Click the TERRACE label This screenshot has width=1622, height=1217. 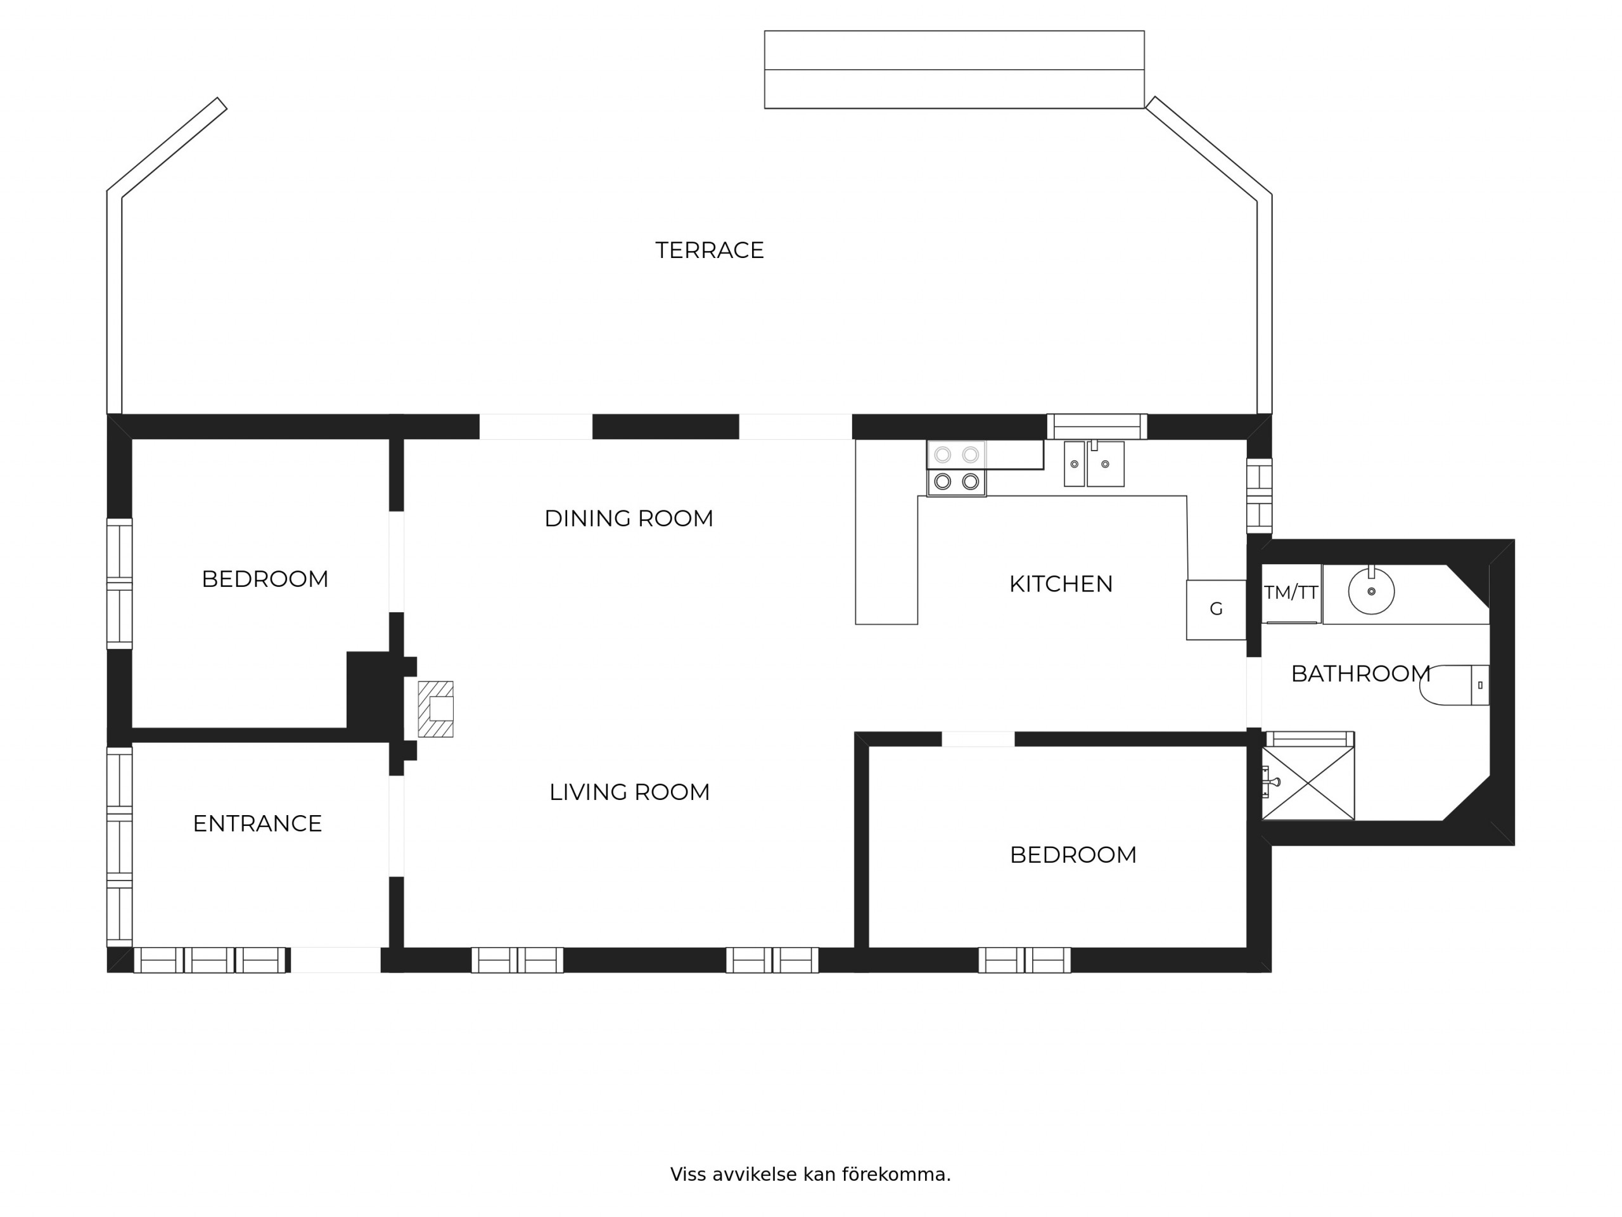coord(709,250)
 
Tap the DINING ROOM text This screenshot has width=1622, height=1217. coord(629,518)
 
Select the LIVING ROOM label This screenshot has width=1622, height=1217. coord(629,792)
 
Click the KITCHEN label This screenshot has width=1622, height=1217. coord(1060,584)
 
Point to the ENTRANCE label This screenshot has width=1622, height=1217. coord(257,824)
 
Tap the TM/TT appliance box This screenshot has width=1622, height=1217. coord(1291,593)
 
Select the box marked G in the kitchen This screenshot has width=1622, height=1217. coord(1216,610)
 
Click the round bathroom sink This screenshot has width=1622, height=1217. coord(1371,591)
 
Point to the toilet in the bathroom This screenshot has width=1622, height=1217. coord(1454,685)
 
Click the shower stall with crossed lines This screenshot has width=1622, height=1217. coord(1308,783)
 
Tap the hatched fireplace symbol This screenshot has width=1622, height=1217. coord(435,709)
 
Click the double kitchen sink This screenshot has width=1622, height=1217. coord(1094,463)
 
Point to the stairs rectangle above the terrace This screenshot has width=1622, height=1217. coord(954,70)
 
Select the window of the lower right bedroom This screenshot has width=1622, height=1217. coord(1025,960)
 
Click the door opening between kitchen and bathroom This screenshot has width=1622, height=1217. coord(1254,693)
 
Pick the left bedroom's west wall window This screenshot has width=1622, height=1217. coord(120,584)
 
